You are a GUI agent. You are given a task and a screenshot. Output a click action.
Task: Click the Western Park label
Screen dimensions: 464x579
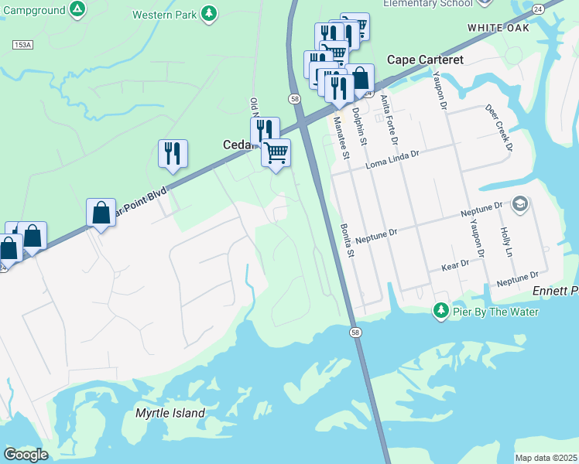click(x=163, y=15)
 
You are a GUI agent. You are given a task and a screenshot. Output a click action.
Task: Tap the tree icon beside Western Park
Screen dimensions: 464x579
click(x=208, y=13)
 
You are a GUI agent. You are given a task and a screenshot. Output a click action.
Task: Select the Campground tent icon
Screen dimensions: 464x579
click(x=77, y=9)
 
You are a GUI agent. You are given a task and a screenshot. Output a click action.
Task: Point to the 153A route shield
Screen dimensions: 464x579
click(x=22, y=46)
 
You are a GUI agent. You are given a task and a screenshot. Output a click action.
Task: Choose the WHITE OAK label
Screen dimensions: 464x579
click(x=496, y=27)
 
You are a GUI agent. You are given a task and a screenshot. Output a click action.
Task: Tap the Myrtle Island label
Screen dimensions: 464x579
click(x=170, y=413)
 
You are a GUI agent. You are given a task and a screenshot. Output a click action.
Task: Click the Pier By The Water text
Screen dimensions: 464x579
click(x=495, y=312)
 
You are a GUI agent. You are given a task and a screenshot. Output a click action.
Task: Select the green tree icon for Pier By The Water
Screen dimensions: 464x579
click(x=441, y=310)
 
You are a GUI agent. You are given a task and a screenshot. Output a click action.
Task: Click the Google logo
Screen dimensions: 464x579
click(x=26, y=455)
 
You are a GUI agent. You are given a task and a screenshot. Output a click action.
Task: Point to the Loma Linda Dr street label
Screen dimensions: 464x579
click(x=392, y=155)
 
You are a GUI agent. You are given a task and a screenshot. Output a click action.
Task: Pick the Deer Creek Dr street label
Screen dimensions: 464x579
click(x=499, y=128)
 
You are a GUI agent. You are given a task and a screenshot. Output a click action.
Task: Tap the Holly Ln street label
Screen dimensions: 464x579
click(x=507, y=242)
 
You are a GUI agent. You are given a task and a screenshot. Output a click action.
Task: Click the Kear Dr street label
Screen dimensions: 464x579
click(x=455, y=264)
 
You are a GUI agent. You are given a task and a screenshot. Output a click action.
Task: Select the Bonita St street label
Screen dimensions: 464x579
click(x=348, y=241)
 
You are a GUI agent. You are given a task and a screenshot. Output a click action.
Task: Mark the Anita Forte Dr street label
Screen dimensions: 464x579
click(x=389, y=120)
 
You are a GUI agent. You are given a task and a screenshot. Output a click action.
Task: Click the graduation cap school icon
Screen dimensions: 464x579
click(x=520, y=204)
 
